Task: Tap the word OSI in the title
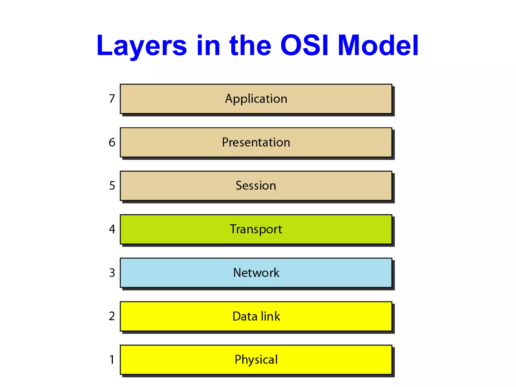click(304, 45)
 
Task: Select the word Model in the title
click(378, 45)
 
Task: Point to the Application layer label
click(256, 99)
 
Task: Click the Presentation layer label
click(256, 142)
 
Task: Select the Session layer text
click(256, 186)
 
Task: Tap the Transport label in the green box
click(256, 229)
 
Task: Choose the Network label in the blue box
click(256, 273)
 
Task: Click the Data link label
click(256, 316)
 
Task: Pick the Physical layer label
click(256, 360)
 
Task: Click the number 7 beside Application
click(112, 99)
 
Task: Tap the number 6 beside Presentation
click(112, 142)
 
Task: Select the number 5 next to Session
click(112, 186)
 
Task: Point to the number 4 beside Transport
click(112, 229)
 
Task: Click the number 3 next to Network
click(112, 273)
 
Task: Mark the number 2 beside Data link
click(112, 316)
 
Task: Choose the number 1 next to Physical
click(112, 360)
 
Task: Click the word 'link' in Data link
click(270, 316)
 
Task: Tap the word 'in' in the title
click(208, 45)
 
